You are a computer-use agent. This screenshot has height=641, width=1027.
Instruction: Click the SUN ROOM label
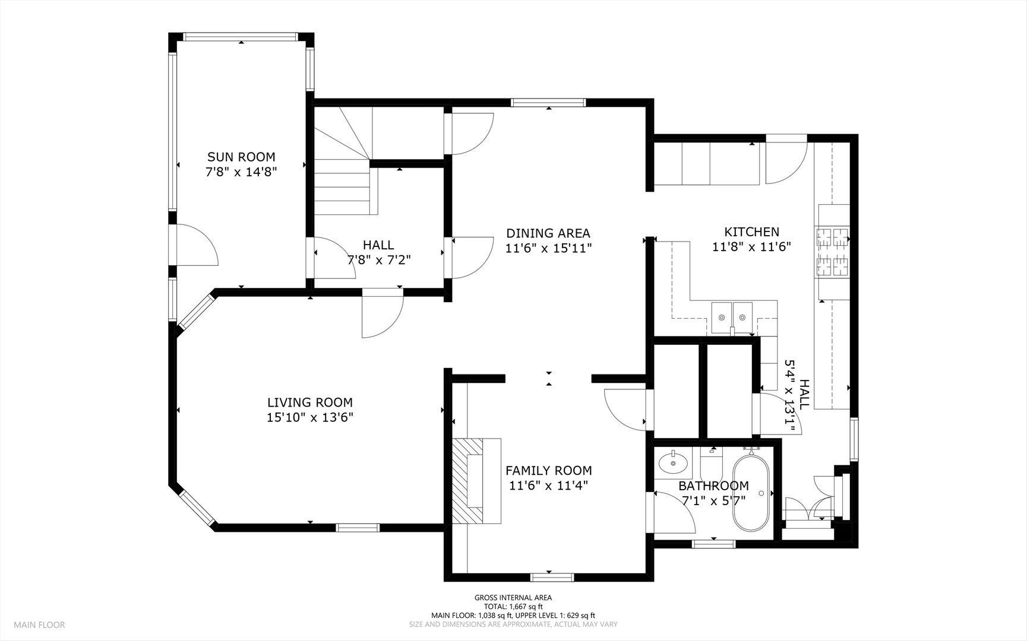pyautogui.click(x=241, y=157)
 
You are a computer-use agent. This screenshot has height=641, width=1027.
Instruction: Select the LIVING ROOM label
pyautogui.click(x=310, y=402)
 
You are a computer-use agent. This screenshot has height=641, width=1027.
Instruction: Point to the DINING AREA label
pyautogui.click(x=548, y=233)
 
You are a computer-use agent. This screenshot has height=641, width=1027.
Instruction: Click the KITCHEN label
pyautogui.click(x=751, y=232)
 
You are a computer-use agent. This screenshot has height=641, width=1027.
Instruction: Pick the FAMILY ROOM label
pyautogui.click(x=549, y=471)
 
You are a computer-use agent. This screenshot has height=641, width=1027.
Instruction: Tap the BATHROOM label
pyautogui.click(x=714, y=486)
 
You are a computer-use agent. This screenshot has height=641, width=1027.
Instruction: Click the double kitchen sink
pyautogui.click(x=732, y=318)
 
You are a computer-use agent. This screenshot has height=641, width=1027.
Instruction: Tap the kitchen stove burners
pyautogui.click(x=833, y=252)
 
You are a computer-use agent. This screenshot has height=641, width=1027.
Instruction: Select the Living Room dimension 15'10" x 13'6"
pyautogui.click(x=310, y=417)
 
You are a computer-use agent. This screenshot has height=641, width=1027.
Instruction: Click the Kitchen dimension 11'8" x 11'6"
pyautogui.click(x=751, y=247)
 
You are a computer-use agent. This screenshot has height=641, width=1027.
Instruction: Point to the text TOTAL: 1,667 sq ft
pyautogui.click(x=513, y=607)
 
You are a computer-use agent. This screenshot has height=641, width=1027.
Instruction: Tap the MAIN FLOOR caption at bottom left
pyautogui.click(x=40, y=624)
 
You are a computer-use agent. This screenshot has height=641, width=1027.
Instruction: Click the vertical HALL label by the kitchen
pyautogui.click(x=804, y=395)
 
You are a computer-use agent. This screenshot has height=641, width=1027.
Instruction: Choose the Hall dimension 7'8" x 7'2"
pyautogui.click(x=379, y=259)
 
